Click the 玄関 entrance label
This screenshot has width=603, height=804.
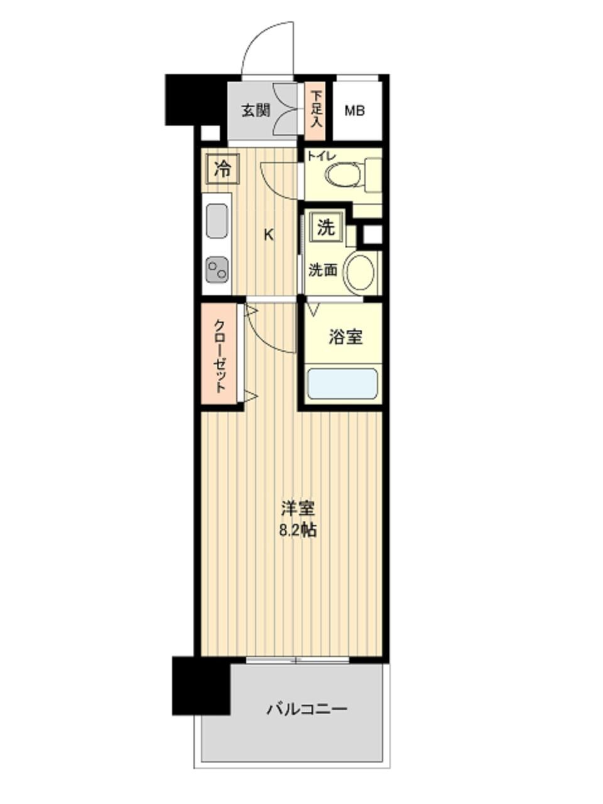click(x=256, y=111)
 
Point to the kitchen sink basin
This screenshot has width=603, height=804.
click(x=217, y=221)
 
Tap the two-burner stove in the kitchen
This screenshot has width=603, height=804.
click(x=217, y=270)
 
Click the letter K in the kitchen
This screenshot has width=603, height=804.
click(x=268, y=236)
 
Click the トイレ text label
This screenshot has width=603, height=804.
click(x=321, y=155)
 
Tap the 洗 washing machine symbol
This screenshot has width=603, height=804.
click(x=325, y=227)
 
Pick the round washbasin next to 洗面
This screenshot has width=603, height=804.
click(x=361, y=271)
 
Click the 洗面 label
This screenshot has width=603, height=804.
click(x=323, y=271)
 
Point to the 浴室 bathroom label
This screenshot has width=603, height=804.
click(x=345, y=337)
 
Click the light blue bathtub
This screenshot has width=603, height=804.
click(x=342, y=383)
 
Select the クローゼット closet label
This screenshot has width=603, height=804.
click(x=220, y=356)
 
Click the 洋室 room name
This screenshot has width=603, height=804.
click(x=298, y=508)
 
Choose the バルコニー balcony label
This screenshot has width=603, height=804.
click(x=307, y=710)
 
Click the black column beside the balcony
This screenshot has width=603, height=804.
click(x=200, y=686)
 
